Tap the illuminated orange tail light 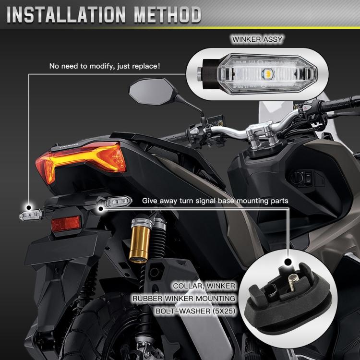(82, 161)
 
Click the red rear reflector (66, 223)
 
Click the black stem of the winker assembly (207, 73)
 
